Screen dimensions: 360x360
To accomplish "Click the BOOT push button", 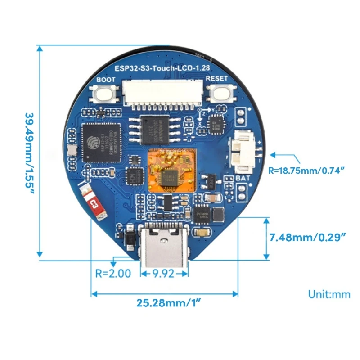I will tap(104, 94).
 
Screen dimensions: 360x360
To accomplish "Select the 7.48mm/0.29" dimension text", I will tap(307, 237).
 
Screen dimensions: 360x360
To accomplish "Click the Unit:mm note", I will tap(329, 294).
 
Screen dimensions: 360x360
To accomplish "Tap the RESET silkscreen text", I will tap(216, 79).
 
